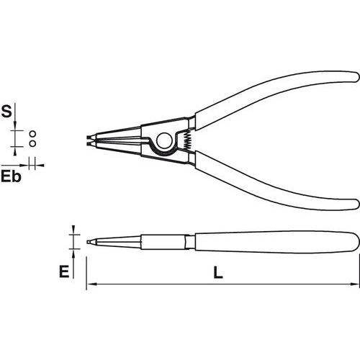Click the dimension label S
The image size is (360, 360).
[x=6, y=112]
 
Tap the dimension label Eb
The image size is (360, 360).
[x=11, y=177]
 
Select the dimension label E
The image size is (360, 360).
[x=64, y=271]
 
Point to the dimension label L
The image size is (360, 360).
[x=218, y=272]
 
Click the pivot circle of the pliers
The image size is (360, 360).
[x=164, y=140]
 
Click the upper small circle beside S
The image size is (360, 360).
[x=32, y=134]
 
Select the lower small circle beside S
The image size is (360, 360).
[x=32, y=143]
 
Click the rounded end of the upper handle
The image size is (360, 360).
[x=356, y=76]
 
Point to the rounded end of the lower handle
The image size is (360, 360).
[x=356, y=204]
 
